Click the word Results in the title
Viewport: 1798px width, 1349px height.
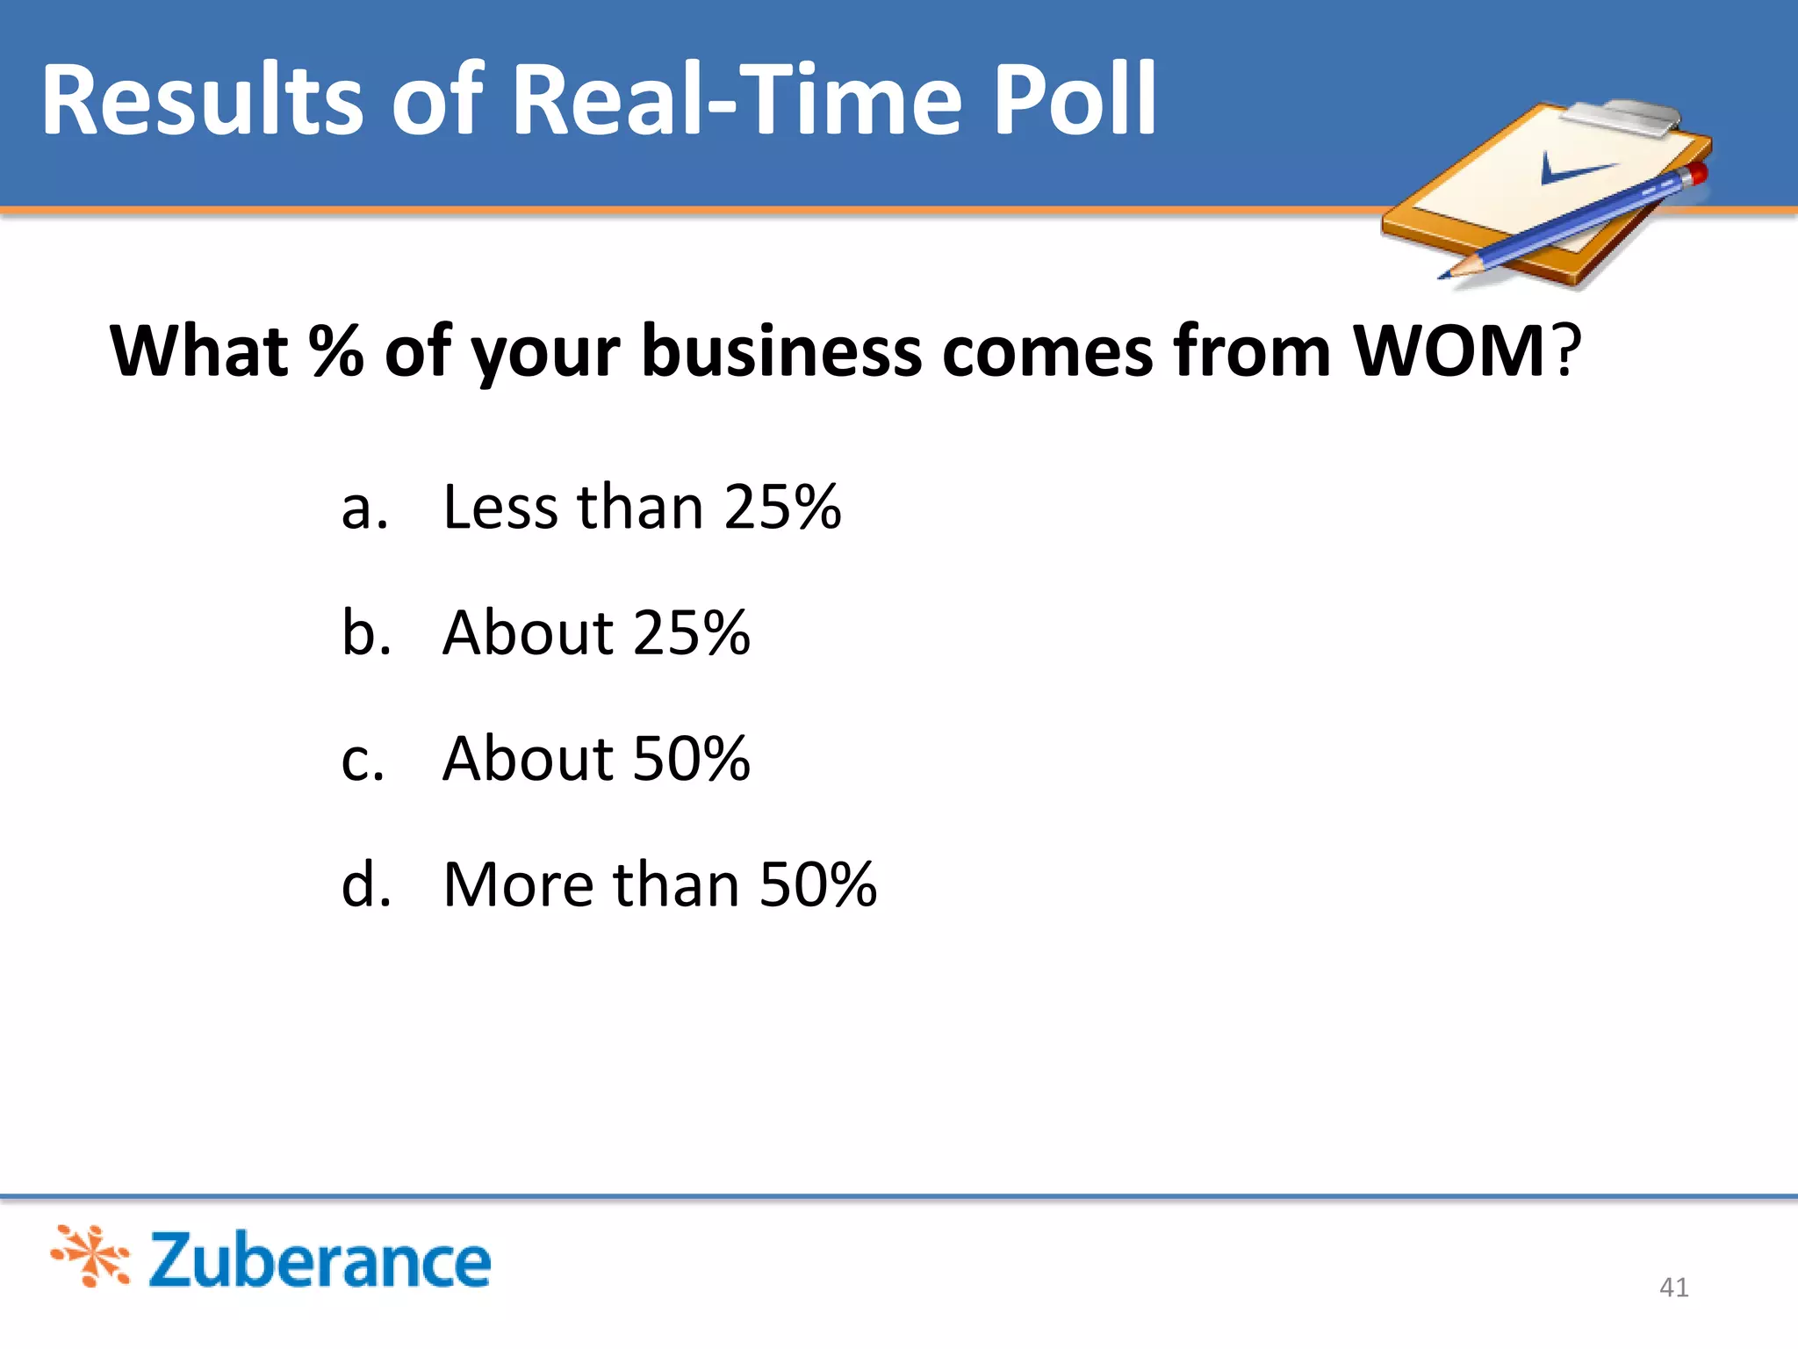(202, 101)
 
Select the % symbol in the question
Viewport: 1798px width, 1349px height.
(335, 351)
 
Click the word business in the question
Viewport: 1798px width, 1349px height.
(782, 351)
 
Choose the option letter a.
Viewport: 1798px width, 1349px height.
(363, 509)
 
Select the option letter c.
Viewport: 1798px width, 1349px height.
(363, 760)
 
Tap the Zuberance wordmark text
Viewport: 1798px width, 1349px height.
(320, 1261)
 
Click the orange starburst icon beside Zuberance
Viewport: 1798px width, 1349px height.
(91, 1256)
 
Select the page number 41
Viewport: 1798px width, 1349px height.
(1673, 1288)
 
